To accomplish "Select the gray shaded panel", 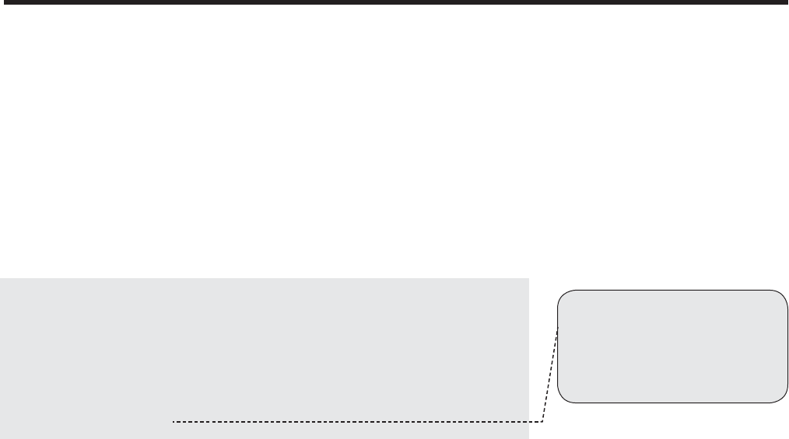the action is pos(265,350).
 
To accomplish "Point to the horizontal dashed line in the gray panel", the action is pos(350,422).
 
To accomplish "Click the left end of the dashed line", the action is pos(173,422).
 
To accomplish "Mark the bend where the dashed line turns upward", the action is pos(542,422).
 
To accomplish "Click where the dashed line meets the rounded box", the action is pos(558,329).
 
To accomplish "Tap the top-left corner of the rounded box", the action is pos(563,294).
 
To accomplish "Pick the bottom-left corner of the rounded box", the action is pos(563,399).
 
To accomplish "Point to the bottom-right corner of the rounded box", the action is pos(783,399).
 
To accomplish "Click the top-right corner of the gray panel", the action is pos(529,279).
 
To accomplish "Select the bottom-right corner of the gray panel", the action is pos(529,438).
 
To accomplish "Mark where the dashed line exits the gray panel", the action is pos(529,422).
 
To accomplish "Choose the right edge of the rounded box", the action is pos(787,347).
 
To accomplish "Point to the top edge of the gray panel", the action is pos(265,279).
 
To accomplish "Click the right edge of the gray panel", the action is pos(529,350).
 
